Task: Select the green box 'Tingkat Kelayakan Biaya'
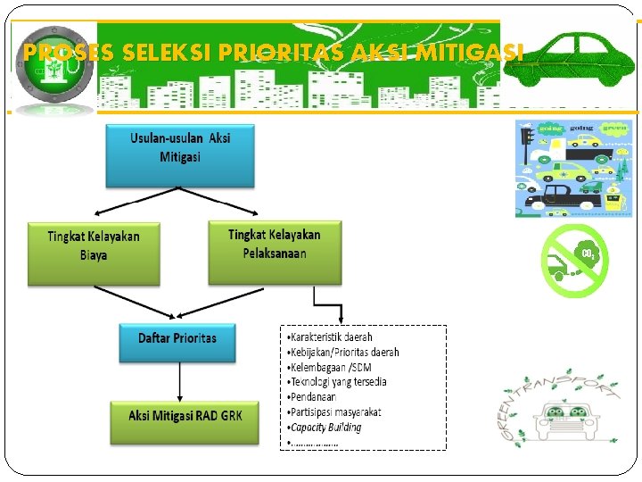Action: [x=94, y=253]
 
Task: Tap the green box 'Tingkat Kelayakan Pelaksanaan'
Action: [x=275, y=253]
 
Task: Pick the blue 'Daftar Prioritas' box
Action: [x=177, y=342]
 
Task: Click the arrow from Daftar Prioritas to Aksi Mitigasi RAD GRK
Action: [x=180, y=381]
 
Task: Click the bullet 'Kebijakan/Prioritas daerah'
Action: [x=343, y=353]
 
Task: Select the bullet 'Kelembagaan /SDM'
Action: [x=327, y=367]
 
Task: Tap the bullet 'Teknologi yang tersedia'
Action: [x=338, y=381]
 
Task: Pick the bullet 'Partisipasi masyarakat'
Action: [x=335, y=411]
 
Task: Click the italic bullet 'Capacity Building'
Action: [x=325, y=427]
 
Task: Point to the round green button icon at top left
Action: [x=49, y=68]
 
